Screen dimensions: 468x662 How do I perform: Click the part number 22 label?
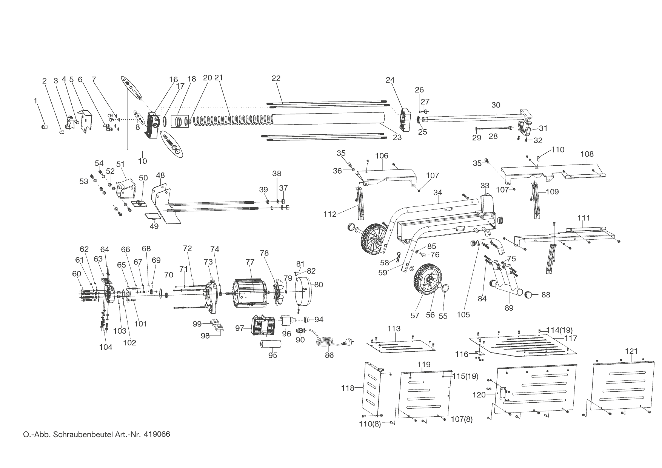pyautogui.click(x=276, y=79)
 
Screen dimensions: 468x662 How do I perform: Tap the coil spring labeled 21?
pyautogui.click(x=234, y=120)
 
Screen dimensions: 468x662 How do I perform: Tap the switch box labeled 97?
pyautogui.click(x=263, y=326)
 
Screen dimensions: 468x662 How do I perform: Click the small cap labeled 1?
pyautogui.click(x=43, y=127)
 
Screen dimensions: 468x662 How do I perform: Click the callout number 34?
pyautogui.click(x=437, y=193)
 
